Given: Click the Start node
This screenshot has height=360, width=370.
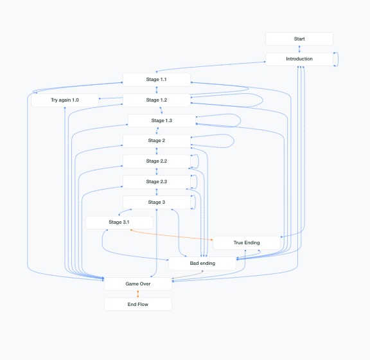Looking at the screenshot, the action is pyautogui.click(x=299, y=39).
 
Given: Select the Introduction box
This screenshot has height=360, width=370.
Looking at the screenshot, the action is pyautogui.click(x=299, y=59).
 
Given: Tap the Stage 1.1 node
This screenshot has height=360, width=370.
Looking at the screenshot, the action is pyautogui.click(x=157, y=80).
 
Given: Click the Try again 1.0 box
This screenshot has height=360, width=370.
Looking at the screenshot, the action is pyautogui.click(x=65, y=100).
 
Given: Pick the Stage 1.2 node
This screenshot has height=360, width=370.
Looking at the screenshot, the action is pyautogui.click(x=157, y=100).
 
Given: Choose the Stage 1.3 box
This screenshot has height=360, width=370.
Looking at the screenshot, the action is pyautogui.click(x=162, y=120).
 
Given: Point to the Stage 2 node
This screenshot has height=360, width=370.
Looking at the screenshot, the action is pyautogui.click(x=157, y=141).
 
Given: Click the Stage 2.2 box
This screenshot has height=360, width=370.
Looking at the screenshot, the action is pyautogui.click(x=157, y=161).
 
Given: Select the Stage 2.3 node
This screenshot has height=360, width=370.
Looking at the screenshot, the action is pyautogui.click(x=157, y=182).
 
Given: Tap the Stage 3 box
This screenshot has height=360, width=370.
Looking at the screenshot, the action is pyautogui.click(x=157, y=203).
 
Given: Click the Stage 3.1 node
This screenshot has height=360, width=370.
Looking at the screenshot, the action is pyautogui.click(x=119, y=222).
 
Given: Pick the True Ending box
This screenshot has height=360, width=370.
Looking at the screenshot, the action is pyautogui.click(x=247, y=243).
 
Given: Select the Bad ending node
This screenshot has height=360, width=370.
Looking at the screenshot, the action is pyautogui.click(x=202, y=264).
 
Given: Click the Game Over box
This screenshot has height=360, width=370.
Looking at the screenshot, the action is pyautogui.click(x=138, y=283).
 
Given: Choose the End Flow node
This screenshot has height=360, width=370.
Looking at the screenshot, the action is pyautogui.click(x=138, y=304).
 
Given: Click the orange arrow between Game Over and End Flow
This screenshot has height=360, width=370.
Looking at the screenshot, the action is pyautogui.click(x=138, y=294).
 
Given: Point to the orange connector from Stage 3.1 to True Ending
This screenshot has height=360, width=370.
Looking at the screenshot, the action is pyautogui.click(x=172, y=235).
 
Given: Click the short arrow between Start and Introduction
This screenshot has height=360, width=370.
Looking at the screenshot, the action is pyautogui.click(x=299, y=49).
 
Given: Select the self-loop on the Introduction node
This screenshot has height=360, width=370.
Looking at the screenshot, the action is pyautogui.click(x=338, y=59).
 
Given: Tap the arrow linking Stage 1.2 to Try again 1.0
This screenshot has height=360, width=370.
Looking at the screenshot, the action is pyautogui.click(x=110, y=98).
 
